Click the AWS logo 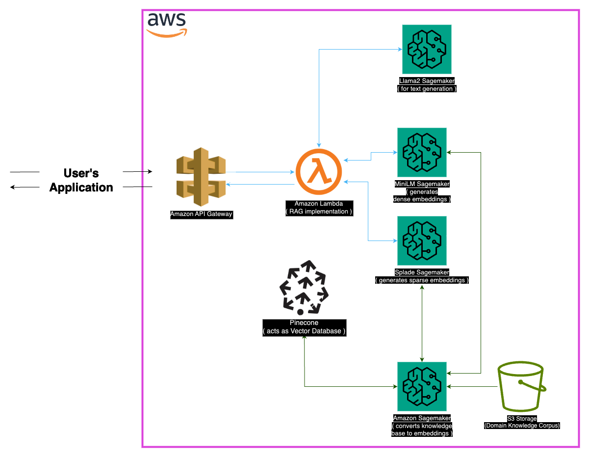[167, 24]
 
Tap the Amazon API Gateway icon [201, 176]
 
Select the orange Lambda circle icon [319, 172]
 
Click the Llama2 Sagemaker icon [427, 49]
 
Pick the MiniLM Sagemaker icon [422, 152]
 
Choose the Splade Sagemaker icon [422, 241]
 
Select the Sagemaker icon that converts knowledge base [422, 387]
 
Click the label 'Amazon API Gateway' [201, 214]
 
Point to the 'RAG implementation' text [319, 212]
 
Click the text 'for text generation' [427, 89]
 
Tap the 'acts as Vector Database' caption [304, 331]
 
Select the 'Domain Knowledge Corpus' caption [521, 426]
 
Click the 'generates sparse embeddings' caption [422, 280]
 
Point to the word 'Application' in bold [81, 188]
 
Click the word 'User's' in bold [81, 173]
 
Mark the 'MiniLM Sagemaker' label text [422, 184]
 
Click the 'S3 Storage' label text [521, 419]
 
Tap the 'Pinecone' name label [304, 323]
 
